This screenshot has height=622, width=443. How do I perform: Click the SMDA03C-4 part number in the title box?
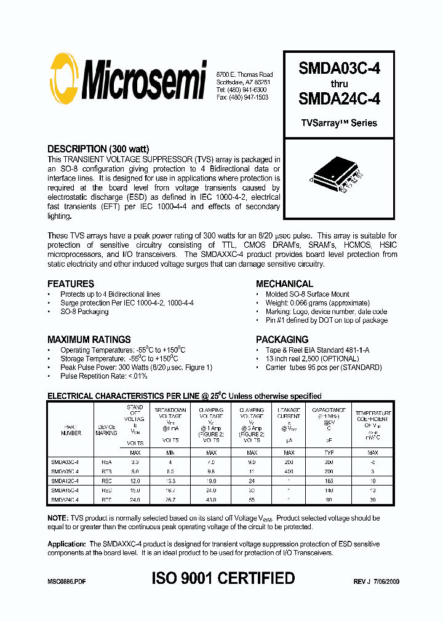339,69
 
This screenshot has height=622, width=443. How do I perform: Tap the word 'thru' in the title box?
339,84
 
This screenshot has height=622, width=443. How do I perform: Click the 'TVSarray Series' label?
338,123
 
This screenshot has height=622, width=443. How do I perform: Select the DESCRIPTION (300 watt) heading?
98,149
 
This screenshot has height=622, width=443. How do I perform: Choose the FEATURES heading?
71,284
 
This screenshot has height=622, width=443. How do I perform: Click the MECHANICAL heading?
284,284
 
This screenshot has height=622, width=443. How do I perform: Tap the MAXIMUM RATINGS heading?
89,339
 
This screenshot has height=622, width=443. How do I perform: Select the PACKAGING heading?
282,339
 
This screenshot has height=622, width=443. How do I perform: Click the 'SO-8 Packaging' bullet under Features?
84,312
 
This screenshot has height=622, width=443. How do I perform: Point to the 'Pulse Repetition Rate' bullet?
104,376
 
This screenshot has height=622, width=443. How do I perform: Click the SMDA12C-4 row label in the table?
65,481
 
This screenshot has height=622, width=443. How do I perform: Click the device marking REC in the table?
106,481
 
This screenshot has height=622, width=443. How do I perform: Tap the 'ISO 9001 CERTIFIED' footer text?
223,578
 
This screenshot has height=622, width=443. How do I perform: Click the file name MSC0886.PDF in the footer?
66,581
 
